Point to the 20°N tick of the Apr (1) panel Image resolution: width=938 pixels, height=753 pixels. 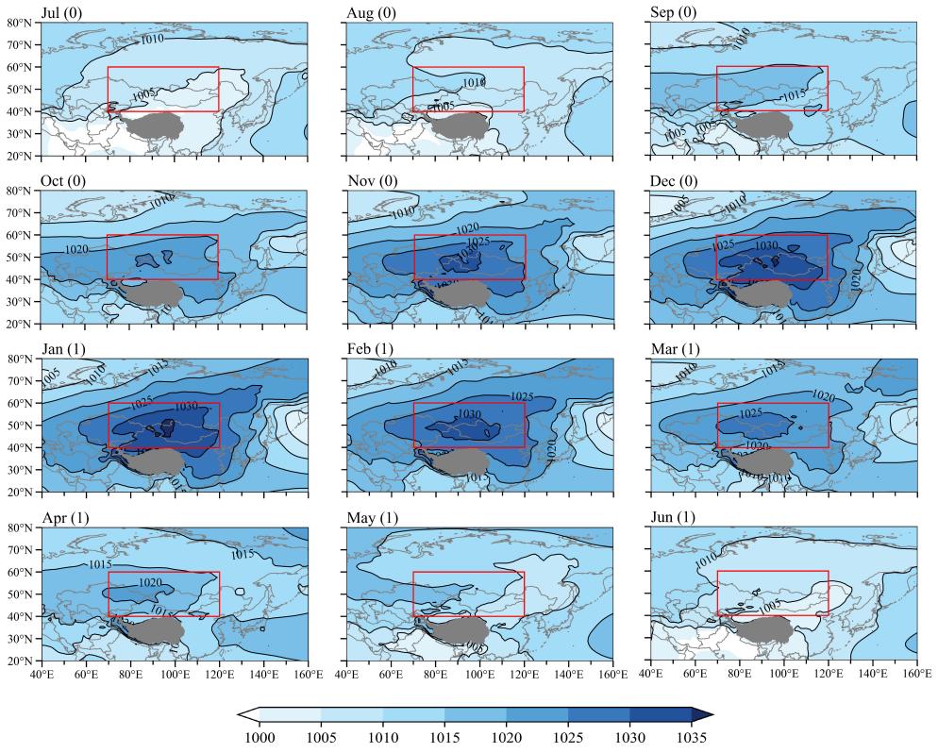(21, 661)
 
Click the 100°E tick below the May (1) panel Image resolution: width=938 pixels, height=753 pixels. (479, 674)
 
